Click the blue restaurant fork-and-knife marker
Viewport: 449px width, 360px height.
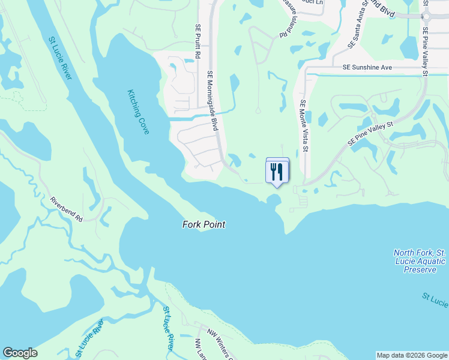point(277,171)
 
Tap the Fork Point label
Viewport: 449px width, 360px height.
point(203,224)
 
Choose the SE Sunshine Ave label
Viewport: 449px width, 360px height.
point(367,68)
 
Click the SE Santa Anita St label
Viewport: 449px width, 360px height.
point(358,28)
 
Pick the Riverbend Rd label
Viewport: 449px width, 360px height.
point(66,209)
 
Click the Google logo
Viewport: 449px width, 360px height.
point(20,353)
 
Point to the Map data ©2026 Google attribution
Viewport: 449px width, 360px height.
point(411,355)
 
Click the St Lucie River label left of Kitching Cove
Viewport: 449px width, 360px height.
point(61,58)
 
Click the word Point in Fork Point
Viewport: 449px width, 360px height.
point(214,224)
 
